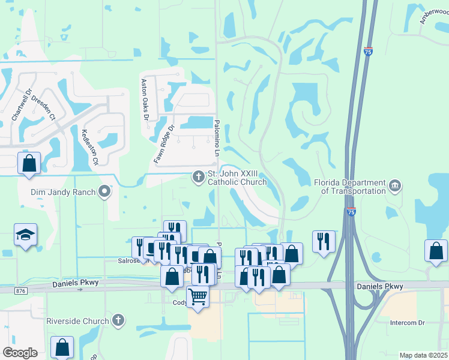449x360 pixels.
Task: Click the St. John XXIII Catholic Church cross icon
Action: pos(197,177)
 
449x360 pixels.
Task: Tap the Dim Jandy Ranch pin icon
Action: pos(105,192)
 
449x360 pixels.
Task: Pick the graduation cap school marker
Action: pos(26,235)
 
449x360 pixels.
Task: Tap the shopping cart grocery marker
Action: pos(197,296)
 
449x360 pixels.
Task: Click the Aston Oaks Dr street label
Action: pos(144,99)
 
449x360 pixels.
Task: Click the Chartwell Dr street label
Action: pos(22,107)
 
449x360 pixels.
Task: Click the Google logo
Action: pos(20,353)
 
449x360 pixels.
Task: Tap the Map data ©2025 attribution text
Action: pos(423,355)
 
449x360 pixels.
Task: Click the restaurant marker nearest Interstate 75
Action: pos(324,241)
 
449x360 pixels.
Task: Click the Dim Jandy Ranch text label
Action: pos(64,192)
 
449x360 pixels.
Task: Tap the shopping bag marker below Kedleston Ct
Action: pos(29,163)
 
